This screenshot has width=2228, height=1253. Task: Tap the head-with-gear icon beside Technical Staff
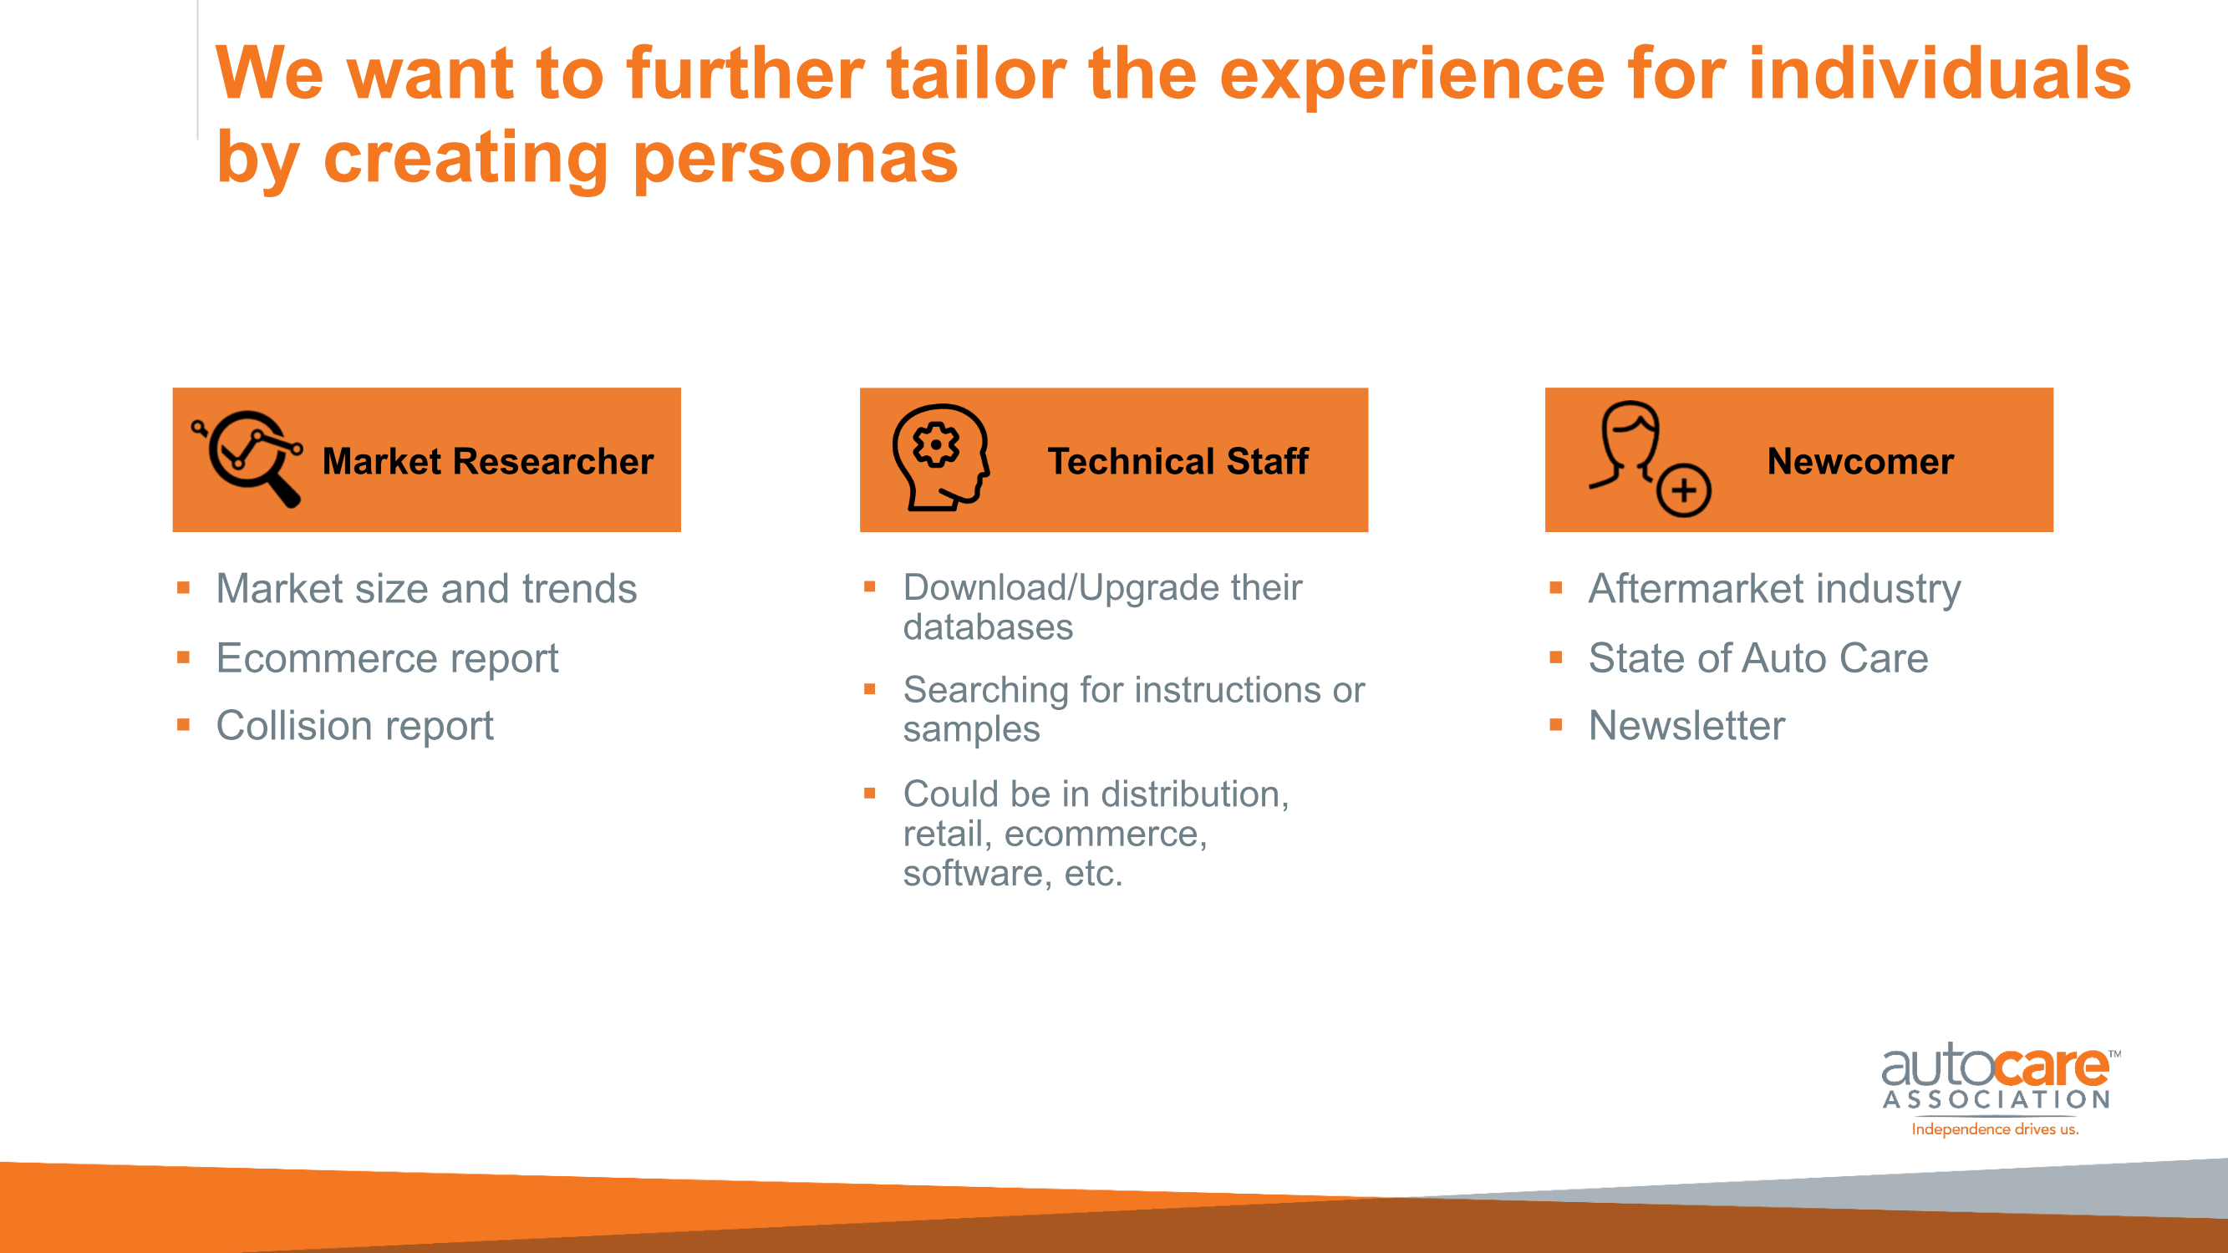tap(941, 458)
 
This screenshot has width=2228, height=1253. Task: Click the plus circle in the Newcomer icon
tap(1683, 490)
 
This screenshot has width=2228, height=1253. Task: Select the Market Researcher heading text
tap(488, 461)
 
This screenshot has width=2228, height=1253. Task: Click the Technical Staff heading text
tap(1178, 461)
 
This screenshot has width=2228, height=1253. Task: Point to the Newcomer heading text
tap(1860, 461)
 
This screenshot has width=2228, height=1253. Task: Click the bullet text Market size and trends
tap(426, 589)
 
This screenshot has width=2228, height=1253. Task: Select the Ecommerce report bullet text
tap(388, 659)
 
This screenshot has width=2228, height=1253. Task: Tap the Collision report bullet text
tap(354, 727)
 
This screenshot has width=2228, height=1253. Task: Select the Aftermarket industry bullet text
tap(1775, 589)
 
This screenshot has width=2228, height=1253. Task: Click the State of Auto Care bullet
tap(1758, 658)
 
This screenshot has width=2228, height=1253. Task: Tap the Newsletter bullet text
tap(1686, 726)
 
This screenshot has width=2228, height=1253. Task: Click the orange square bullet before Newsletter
tap(1556, 724)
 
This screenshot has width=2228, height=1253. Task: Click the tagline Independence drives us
tap(1995, 1129)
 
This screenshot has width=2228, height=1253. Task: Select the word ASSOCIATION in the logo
tap(1997, 1100)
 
